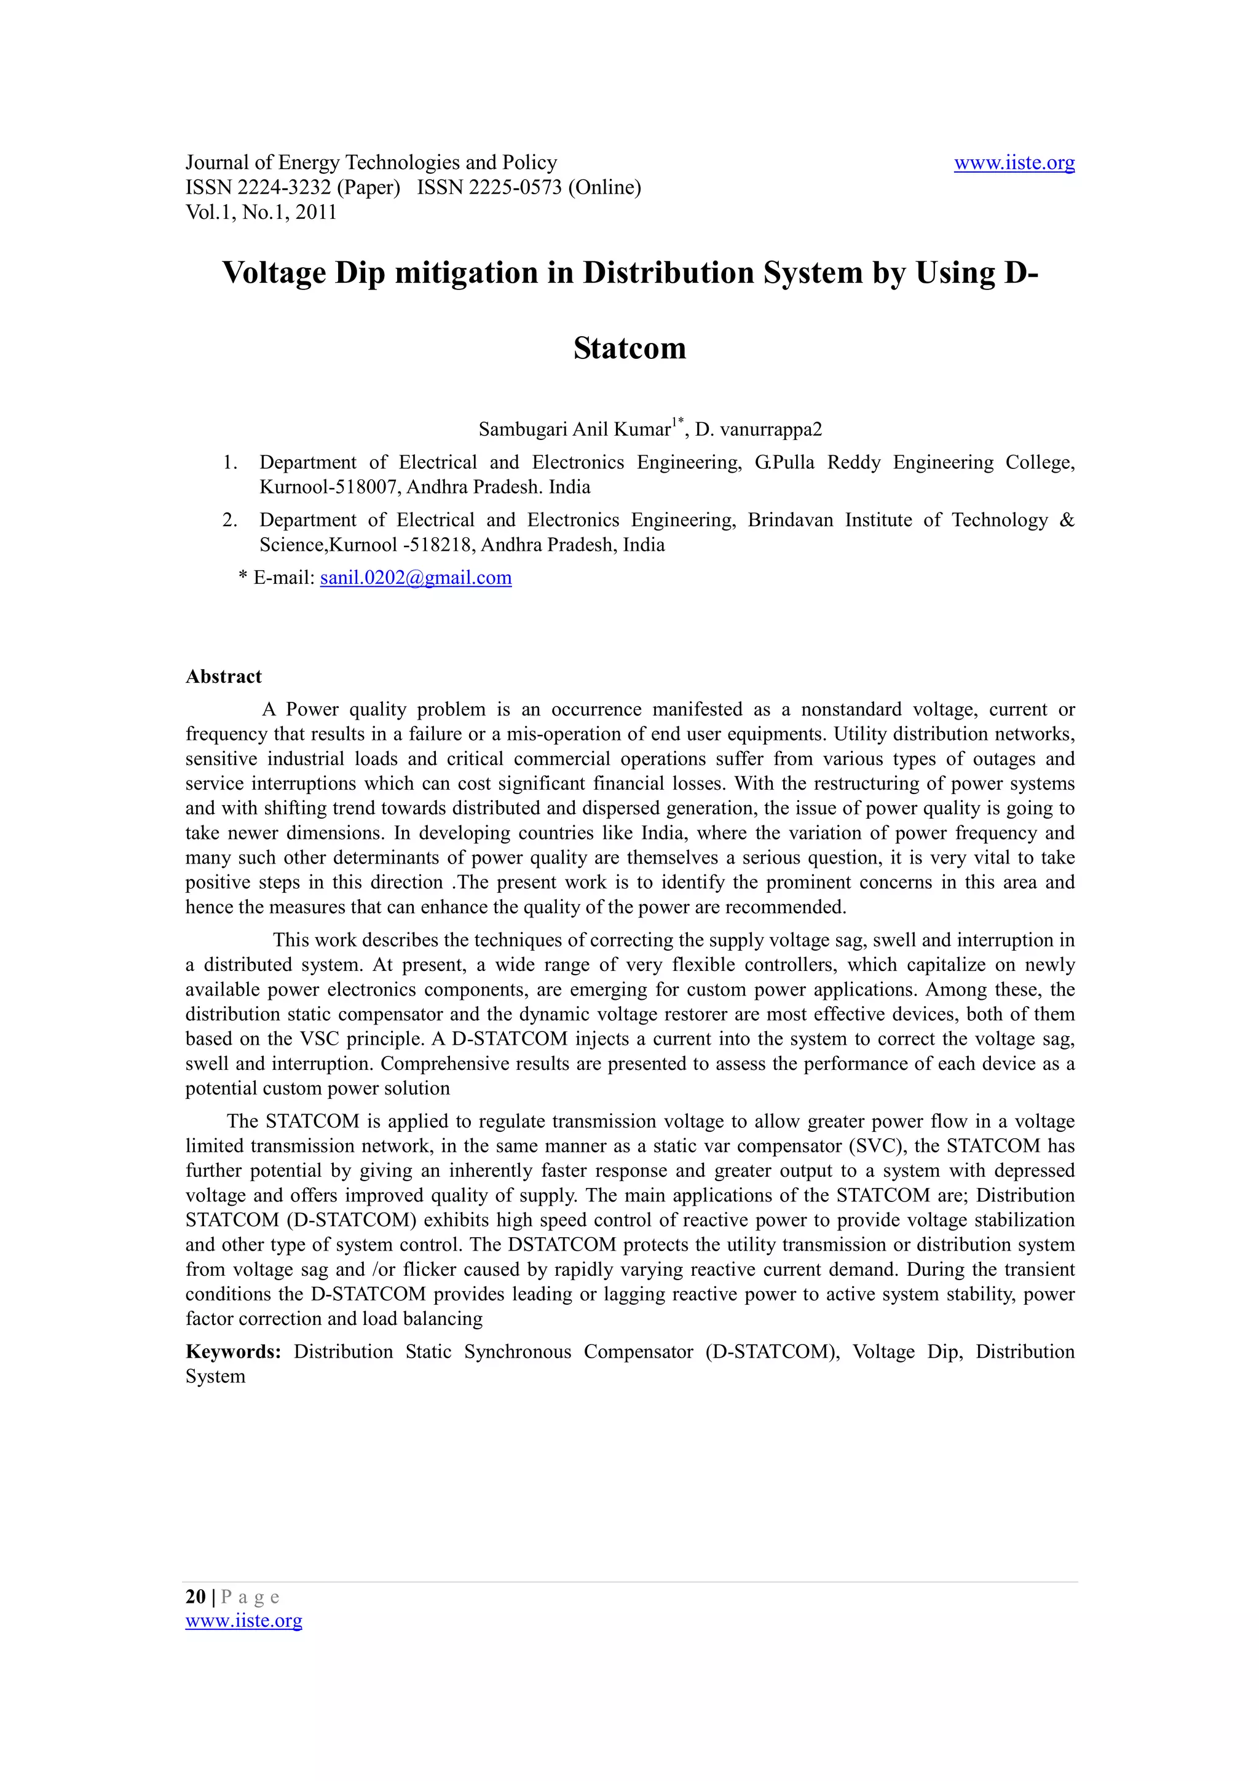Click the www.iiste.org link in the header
point(1014,163)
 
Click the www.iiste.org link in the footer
point(243,1621)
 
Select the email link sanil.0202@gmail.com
point(416,578)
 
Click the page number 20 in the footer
point(195,1597)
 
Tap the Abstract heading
point(223,677)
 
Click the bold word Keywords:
point(234,1352)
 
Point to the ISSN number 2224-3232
point(284,187)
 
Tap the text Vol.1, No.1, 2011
point(261,213)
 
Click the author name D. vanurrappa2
point(758,429)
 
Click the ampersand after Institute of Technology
point(1067,520)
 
